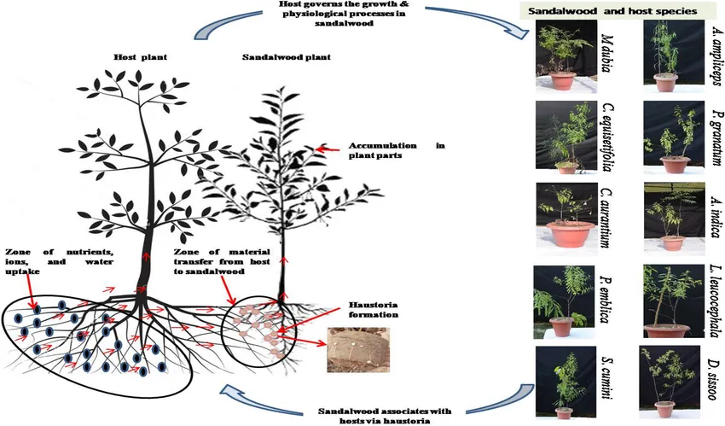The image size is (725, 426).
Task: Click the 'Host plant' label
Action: (138, 56)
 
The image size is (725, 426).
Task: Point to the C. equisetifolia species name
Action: (607, 138)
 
